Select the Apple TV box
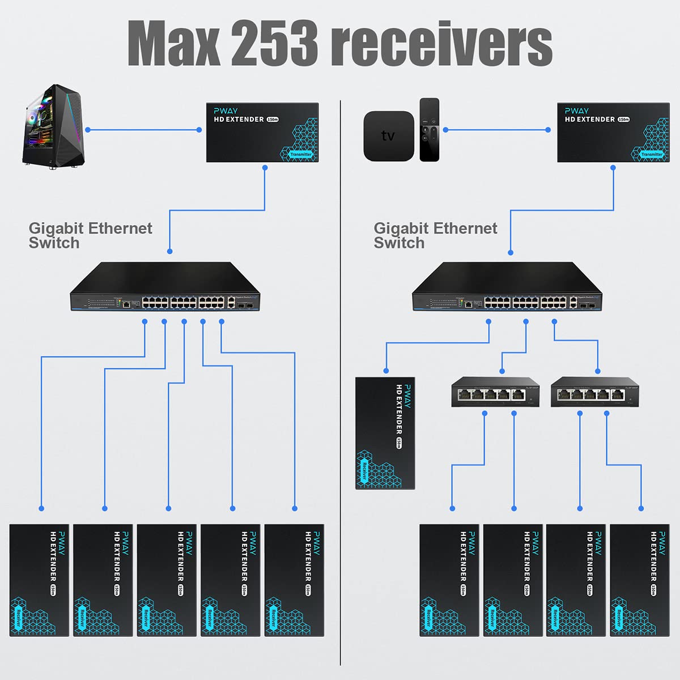(388, 136)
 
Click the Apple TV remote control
(429, 130)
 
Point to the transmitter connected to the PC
(262, 132)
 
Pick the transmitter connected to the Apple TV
(613, 132)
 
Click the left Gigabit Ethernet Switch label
(90, 235)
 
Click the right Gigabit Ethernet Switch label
(435, 235)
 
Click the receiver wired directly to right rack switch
(385, 433)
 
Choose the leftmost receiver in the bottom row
(39, 580)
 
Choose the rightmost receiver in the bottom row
(639, 580)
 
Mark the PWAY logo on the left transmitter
(226, 110)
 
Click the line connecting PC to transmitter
(143, 130)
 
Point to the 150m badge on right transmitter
(624, 120)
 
